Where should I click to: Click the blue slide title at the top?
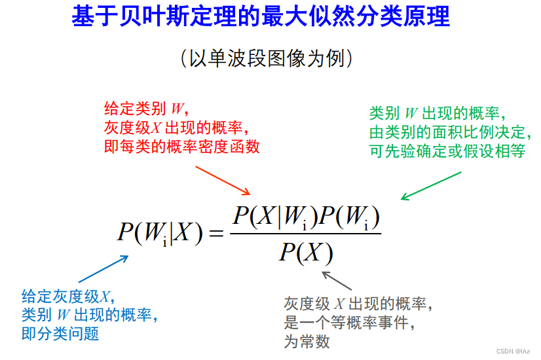261,17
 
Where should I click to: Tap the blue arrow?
102,269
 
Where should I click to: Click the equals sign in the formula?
217,233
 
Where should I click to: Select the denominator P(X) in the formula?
306,252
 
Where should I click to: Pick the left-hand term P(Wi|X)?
160,233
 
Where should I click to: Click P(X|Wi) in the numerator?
269,217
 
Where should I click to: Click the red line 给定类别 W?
146,108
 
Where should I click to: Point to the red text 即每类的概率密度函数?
181,146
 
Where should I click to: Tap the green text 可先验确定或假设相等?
448,151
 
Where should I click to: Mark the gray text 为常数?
307,341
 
